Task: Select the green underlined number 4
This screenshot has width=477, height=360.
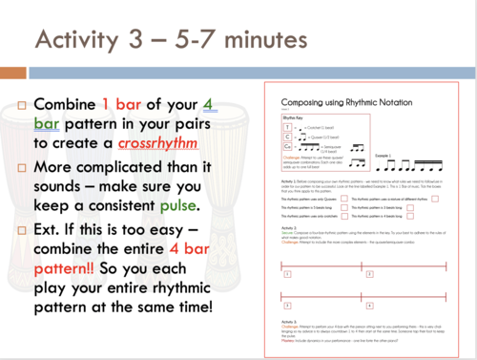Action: coord(217,103)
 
